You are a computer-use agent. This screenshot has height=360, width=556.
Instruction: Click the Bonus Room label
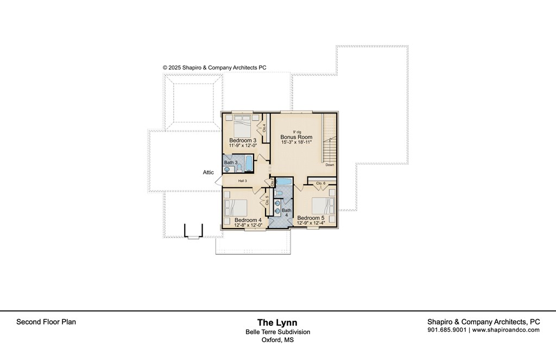tap(296, 137)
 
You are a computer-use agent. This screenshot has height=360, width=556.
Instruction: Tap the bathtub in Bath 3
tap(248, 163)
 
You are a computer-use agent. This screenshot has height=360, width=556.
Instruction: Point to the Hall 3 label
tap(242, 181)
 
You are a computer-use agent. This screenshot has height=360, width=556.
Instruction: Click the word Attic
tap(208, 173)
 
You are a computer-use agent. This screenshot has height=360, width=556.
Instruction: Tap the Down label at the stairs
tap(330, 165)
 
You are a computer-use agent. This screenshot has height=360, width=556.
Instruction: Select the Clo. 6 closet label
tap(320, 184)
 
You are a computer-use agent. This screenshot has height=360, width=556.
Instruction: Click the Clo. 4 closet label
tap(264, 128)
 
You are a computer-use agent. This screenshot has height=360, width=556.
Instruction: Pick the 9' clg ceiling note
tap(296, 131)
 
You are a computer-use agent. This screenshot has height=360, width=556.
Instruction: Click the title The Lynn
tap(277, 322)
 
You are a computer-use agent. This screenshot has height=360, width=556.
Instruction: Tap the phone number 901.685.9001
tap(446, 330)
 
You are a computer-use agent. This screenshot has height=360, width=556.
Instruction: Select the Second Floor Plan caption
tap(46, 322)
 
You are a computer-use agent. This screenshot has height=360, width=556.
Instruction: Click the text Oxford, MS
tap(277, 340)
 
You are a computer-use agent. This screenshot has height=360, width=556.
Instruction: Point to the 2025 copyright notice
tap(214, 68)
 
